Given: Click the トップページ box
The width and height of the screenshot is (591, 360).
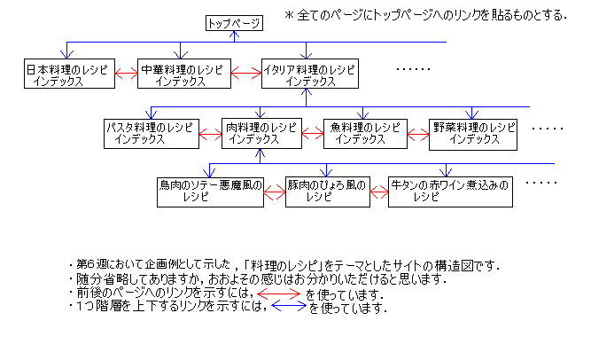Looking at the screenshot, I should click(233, 24).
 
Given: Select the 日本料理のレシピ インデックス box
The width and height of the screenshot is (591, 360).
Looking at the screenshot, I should click(69, 74).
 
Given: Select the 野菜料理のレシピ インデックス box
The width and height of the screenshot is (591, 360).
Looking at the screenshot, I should click(472, 133).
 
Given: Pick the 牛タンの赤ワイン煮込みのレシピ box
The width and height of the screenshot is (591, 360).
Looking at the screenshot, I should click(450, 192).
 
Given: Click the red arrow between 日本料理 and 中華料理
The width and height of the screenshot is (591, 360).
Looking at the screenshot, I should click(127, 74).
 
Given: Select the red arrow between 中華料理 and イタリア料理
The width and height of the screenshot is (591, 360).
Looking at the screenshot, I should click(246, 74).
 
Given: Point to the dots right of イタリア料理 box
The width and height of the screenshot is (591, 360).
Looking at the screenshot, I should click(412, 69).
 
